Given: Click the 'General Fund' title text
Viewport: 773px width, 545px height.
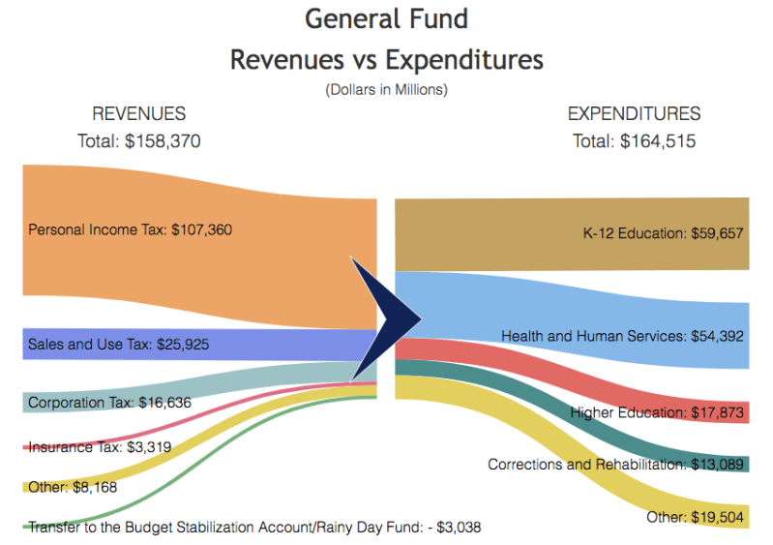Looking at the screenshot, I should pos(386,18).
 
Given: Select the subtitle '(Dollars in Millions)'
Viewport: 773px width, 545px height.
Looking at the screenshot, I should pos(386,90).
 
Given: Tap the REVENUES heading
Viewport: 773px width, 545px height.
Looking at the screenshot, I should pos(138,114).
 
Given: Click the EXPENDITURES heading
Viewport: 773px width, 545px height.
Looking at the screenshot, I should pos(634,114).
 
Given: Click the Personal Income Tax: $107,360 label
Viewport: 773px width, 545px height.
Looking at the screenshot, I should pos(130,230).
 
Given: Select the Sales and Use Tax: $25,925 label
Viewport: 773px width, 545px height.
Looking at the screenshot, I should pos(118,344).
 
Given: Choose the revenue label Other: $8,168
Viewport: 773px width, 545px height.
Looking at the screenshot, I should pos(73,487).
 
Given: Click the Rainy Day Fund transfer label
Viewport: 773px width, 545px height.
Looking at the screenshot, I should pos(254,528).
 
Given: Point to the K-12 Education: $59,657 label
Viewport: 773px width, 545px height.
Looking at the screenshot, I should pos(663,233).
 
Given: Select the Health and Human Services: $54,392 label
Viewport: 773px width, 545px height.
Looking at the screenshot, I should pos(623,336).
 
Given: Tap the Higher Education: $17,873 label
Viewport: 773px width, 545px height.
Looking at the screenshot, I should pos(657,412).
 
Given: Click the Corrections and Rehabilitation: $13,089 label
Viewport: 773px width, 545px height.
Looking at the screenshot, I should pos(615,465).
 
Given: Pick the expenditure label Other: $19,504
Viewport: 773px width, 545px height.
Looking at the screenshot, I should pos(696,517).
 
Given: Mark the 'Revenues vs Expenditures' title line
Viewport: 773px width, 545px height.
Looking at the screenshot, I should pos(386,59).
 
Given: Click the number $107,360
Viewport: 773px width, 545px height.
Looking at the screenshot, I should pos(201,230).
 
